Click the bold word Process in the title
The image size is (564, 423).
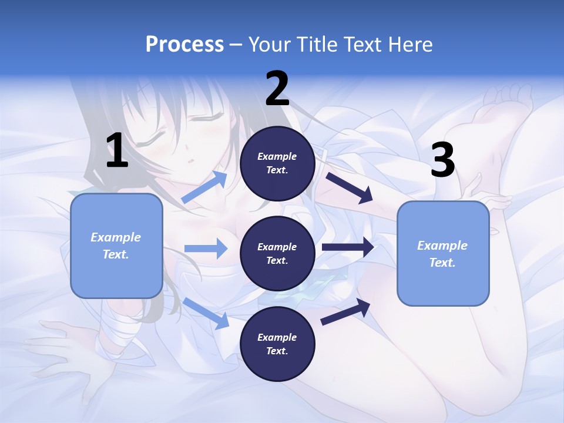pos(184,44)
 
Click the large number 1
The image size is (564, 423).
pos(117,151)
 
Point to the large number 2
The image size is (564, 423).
pos(277,89)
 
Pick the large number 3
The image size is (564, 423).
pos(443,160)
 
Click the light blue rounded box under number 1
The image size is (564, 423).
pos(116,246)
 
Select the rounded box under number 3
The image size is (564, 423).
pos(443,253)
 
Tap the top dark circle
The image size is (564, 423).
pos(277,163)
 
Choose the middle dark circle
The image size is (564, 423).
pos(277,253)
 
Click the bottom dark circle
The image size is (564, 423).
pos(277,344)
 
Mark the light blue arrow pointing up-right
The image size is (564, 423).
pos(204,187)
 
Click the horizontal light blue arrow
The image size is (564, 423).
pos(206,249)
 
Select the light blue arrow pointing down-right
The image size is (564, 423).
pos(206,313)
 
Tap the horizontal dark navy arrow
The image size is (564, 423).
pos(348,247)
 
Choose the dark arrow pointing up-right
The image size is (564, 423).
pos(345,312)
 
